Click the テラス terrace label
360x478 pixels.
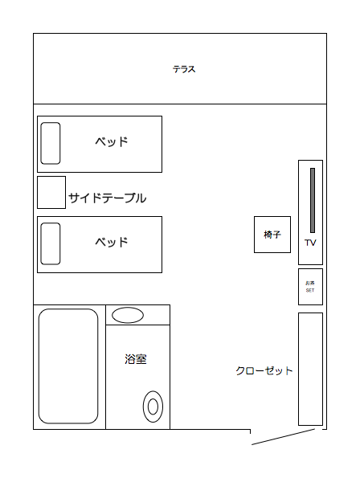click(x=184, y=69)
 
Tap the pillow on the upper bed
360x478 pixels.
click(x=51, y=143)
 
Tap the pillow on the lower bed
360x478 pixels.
click(x=51, y=243)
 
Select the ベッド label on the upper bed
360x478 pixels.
click(x=112, y=141)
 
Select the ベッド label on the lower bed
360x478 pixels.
click(x=112, y=242)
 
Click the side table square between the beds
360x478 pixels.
click(x=51, y=192)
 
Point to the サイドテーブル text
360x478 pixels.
click(x=108, y=198)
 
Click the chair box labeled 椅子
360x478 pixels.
click(x=272, y=235)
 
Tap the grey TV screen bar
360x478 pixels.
click(x=313, y=200)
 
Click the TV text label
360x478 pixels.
click(x=310, y=243)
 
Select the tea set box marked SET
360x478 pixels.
click(x=310, y=287)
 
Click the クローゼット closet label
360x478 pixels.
click(x=264, y=370)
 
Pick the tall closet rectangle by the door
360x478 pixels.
click(x=310, y=369)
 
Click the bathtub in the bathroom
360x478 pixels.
click(x=68, y=366)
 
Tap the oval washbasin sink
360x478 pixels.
click(x=128, y=315)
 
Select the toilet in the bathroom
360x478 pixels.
click(x=153, y=407)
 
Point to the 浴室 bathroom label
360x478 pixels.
click(x=136, y=359)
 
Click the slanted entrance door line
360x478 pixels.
click(x=283, y=437)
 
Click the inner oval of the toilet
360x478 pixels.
click(x=153, y=407)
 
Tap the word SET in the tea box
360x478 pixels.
click(x=310, y=291)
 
